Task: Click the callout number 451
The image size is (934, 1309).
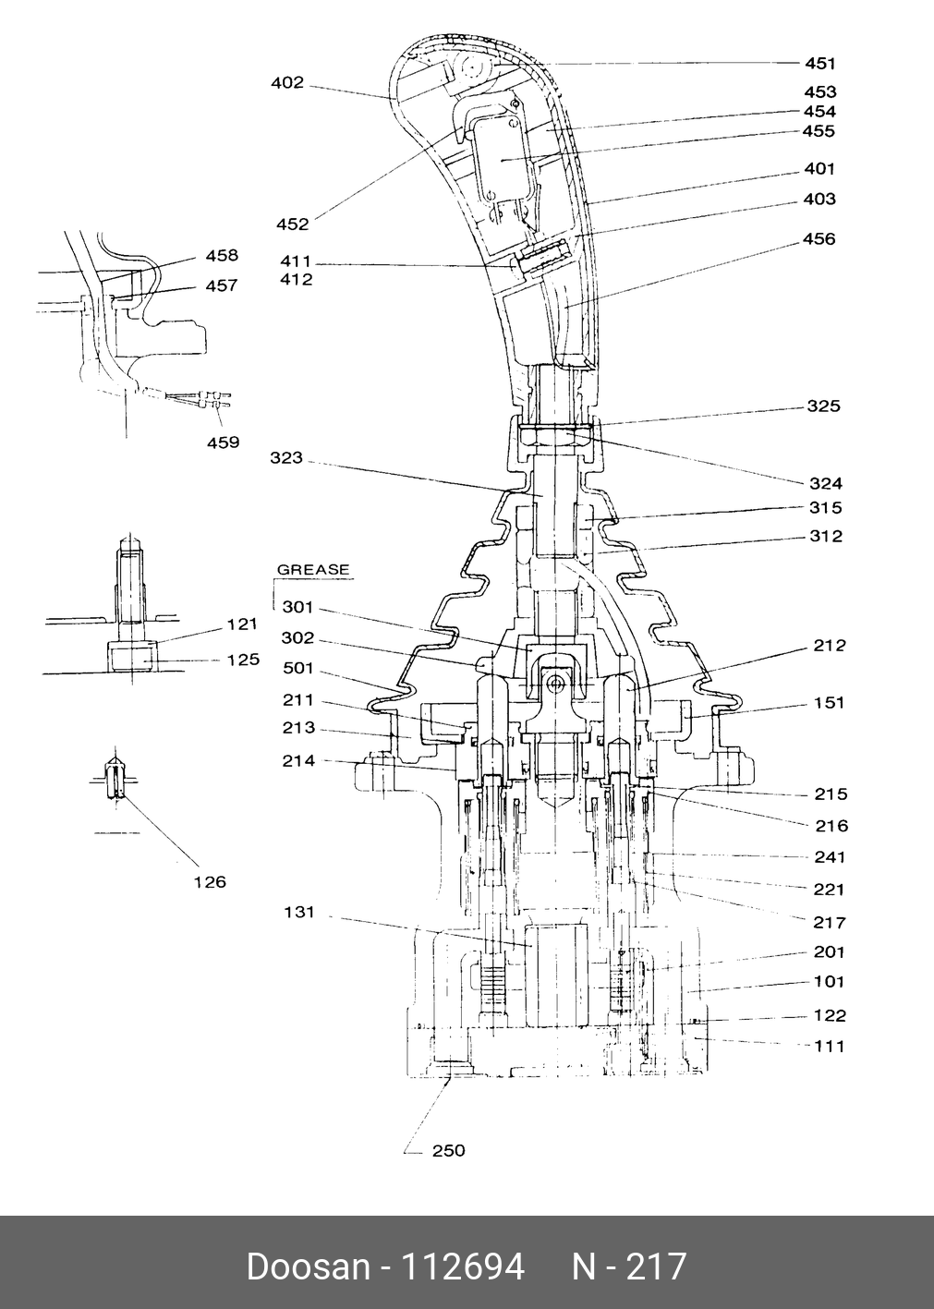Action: point(819,63)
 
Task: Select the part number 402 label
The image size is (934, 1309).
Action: point(287,83)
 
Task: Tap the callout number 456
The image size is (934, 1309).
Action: point(819,239)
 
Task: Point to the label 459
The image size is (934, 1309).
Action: point(223,442)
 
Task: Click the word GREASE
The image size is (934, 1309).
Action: point(313,570)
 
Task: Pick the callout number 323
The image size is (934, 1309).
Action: point(286,458)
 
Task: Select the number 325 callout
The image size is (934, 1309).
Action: point(823,406)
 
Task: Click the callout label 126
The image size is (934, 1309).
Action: point(210,882)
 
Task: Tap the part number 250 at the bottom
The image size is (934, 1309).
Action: point(448,1151)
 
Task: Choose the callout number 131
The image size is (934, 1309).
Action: point(299,913)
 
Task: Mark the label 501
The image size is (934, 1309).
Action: point(298,669)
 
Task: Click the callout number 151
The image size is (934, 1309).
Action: point(829,703)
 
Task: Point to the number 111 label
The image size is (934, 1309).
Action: point(829,1047)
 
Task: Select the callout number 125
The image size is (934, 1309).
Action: point(242,661)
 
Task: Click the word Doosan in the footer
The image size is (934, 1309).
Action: point(308,1267)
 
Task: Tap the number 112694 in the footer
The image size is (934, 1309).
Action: point(461,1267)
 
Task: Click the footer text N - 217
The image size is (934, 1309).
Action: point(629,1267)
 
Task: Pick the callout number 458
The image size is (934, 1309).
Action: point(222,256)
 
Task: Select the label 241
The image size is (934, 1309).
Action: point(829,857)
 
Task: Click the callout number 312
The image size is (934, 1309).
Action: point(825,537)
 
